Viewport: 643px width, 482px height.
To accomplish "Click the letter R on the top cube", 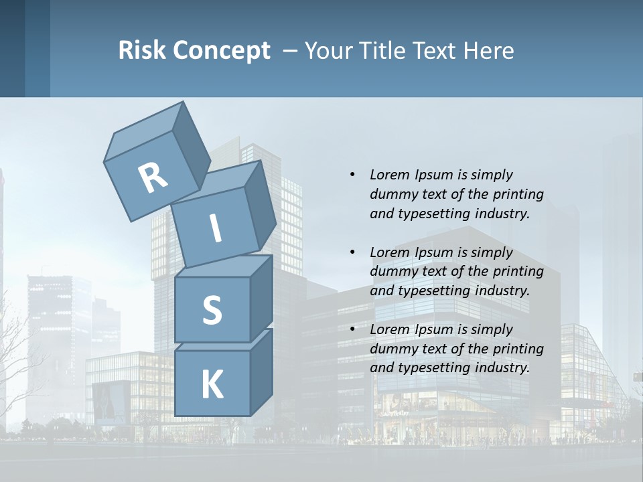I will tap(153, 177).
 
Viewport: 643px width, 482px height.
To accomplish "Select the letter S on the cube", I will tap(212, 310).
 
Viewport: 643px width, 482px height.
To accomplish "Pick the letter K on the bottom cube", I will tap(212, 384).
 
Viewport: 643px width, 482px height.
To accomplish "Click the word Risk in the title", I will tap(142, 50).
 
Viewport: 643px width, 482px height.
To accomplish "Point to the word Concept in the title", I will tap(222, 51).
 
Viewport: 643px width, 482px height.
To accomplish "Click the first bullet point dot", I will tap(352, 175).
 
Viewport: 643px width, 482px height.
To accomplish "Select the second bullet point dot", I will tap(352, 252).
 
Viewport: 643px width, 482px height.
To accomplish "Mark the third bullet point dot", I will tap(352, 329).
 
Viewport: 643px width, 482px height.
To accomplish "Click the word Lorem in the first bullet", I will tap(388, 175).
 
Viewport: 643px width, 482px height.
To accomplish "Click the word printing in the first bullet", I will tap(518, 194).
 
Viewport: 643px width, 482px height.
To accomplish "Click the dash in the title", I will tap(291, 50).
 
